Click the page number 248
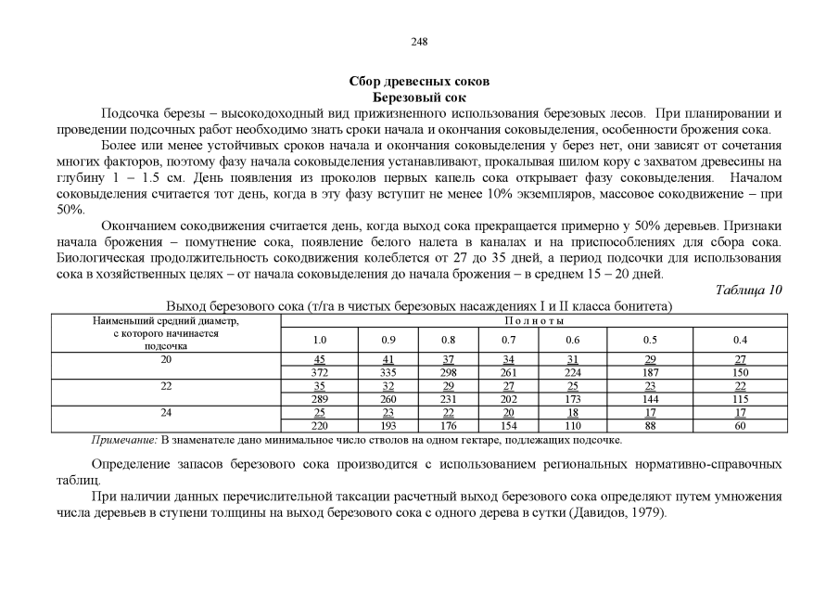pyautogui.click(x=419, y=42)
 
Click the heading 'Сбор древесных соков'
pyautogui.click(x=419, y=83)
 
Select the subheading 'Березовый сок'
pyautogui.click(x=419, y=97)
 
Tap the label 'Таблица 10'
pyautogui.click(x=748, y=290)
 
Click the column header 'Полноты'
pyautogui.click(x=533, y=320)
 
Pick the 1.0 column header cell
pyautogui.click(x=319, y=340)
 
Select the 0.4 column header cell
pyautogui.click(x=740, y=340)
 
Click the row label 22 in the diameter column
pyautogui.click(x=167, y=385)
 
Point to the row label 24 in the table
pyautogui.click(x=167, y=412)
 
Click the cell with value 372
pyautogui.click(x=319, y=372)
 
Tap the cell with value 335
pyautogui.click(x=388, y=372)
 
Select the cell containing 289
pyautogui.click(x=319, y=399)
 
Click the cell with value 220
pyautogui.click(x=319, y=426)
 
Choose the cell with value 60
pyautogui.click(x=740, y=426)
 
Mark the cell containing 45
pyautogui.click(x=319, y=359)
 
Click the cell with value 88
pyautogui.click(x=651, y=426)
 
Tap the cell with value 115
pyautogui.click(x=740, y=399)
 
